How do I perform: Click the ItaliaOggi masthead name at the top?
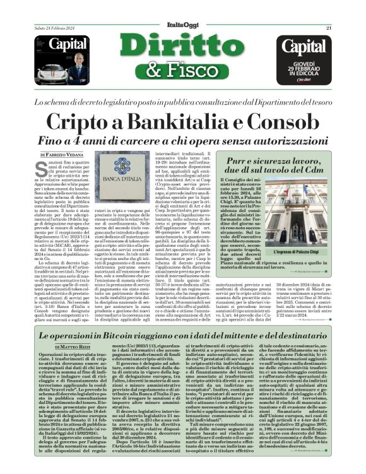click(x=182, y=7)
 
